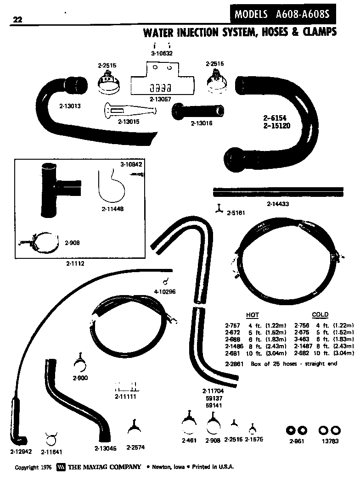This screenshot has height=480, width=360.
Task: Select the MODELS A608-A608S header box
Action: click(282, 14)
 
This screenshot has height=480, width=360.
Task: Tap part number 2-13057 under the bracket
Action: click(160, 99)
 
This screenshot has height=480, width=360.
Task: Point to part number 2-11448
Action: click(112, 208)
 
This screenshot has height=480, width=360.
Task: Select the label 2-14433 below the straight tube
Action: click(277, 203)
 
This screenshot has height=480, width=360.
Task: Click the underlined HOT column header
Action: click(253, 315)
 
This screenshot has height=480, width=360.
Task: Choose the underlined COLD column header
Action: click(320, 315)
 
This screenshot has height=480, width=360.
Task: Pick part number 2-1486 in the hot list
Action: click(234, 346)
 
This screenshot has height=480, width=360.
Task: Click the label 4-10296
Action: click(164, 291)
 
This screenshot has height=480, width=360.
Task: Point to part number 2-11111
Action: click(125, 396)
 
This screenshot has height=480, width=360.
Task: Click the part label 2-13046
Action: click(105, 448)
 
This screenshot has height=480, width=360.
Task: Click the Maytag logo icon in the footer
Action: click(61, 467)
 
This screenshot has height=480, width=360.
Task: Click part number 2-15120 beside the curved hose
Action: click(277, 125)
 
